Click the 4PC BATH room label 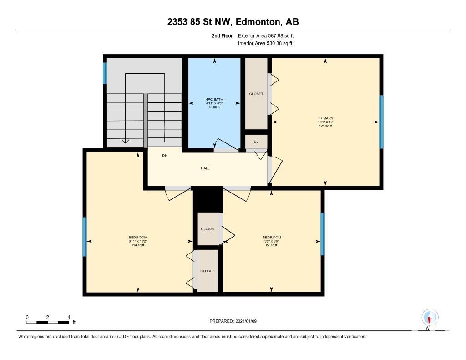click(214, 103)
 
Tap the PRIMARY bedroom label click(325, 122)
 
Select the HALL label click(205, 168)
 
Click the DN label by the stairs click(165, 156)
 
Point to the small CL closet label click(256, 142)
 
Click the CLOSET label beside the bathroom click(256, 94)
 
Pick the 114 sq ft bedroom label click(138, 241)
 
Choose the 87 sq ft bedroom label click(272, 241)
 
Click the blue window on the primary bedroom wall click(381, 122)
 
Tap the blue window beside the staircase click(105, 73)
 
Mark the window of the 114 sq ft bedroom click(85, 237)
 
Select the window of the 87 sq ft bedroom click(323, 234)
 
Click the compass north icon click(430, 318)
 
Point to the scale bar click(47, 322)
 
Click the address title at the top click(233, 22)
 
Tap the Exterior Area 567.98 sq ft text click(266, 35)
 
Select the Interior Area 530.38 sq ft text click(265, 43)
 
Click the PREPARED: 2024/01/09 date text click(233, 321)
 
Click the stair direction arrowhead click(126, 141)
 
